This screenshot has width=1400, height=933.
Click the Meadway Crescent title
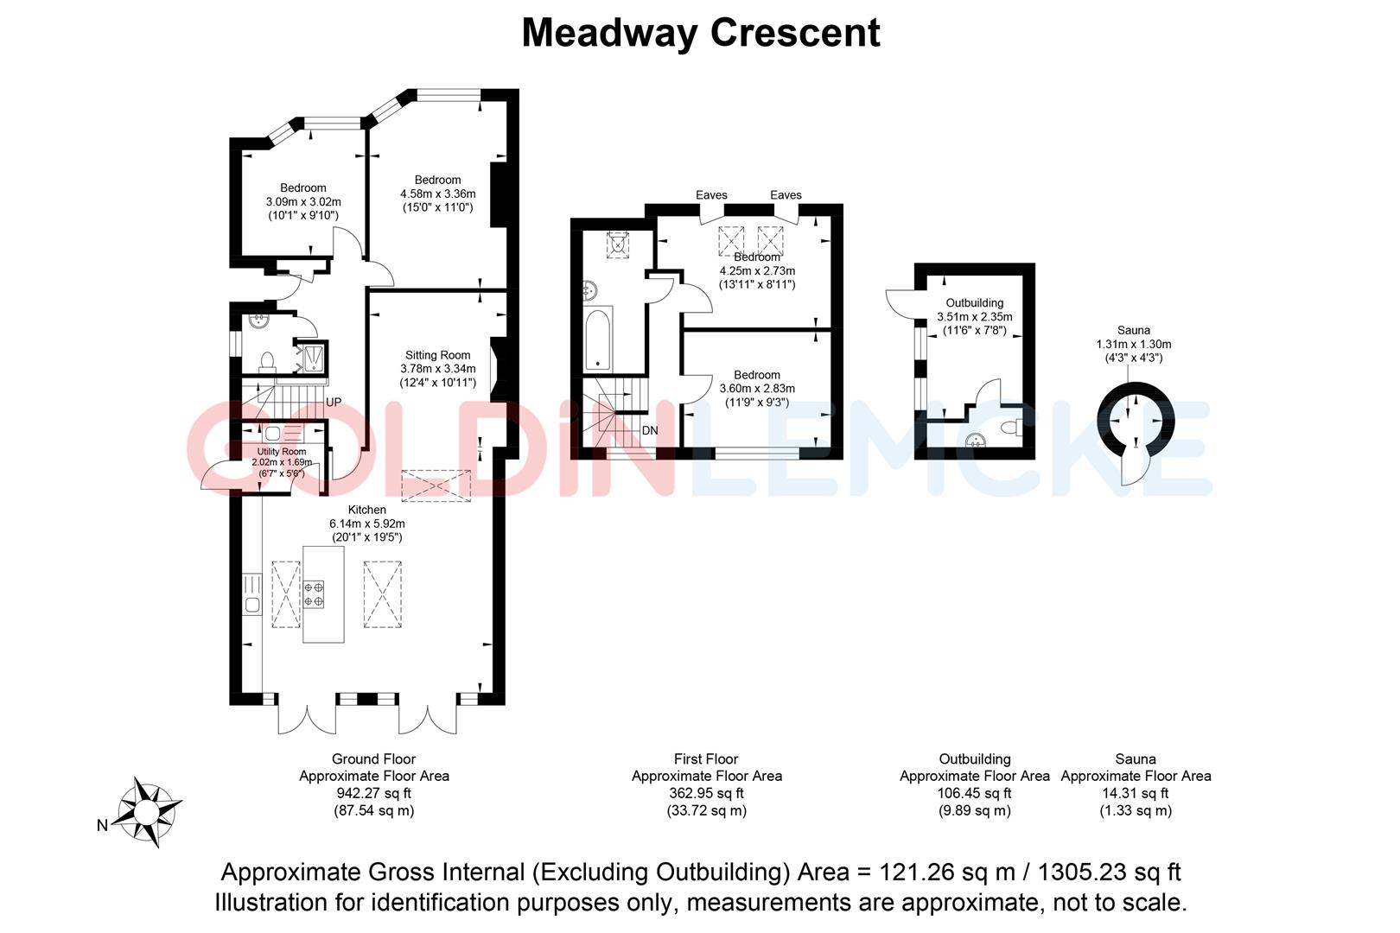[701, 33]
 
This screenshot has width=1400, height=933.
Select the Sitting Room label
[438, 355]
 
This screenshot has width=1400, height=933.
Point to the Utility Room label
[282, 452]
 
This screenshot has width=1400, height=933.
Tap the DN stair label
[650, 430]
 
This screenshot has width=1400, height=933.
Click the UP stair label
[334, 403]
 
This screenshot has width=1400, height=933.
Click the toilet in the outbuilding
[1013, 428]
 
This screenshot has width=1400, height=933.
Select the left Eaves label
[711, 195]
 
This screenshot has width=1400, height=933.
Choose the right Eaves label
[786, 195]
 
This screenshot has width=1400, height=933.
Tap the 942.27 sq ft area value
[373, 793]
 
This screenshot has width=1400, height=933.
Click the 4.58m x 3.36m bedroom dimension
[437, 194]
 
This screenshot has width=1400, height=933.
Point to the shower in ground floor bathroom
[311, 358]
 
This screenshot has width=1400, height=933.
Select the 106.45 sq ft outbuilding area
[974, 793]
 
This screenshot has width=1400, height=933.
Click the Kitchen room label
[366, 511]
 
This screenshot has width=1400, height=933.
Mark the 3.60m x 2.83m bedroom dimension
[757, 389]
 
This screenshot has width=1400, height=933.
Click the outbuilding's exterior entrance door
[899, 303]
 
